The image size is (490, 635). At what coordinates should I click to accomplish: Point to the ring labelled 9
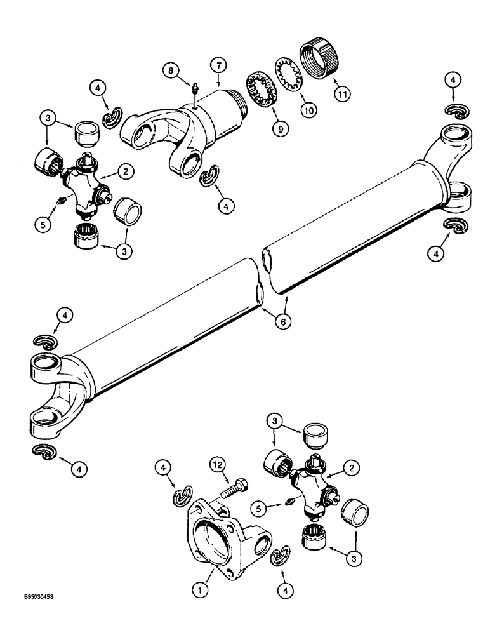click(260, 94)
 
